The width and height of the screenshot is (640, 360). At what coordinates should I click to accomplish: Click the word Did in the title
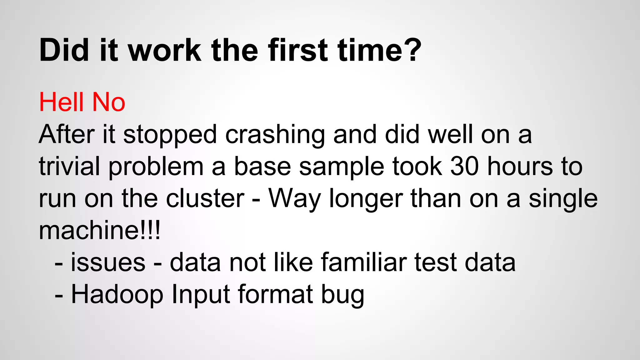click(64, 50)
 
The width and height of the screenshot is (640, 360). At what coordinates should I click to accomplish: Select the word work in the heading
click(165, 50)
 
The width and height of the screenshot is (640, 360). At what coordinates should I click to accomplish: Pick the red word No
click(109, 102)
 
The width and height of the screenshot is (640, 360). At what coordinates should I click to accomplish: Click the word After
click(67, 134)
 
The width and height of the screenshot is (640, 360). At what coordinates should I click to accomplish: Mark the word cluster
click(205, 198)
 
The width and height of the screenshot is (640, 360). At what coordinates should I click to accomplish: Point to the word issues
click(108, 262)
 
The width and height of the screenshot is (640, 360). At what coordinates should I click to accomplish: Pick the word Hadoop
click(117, 294)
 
